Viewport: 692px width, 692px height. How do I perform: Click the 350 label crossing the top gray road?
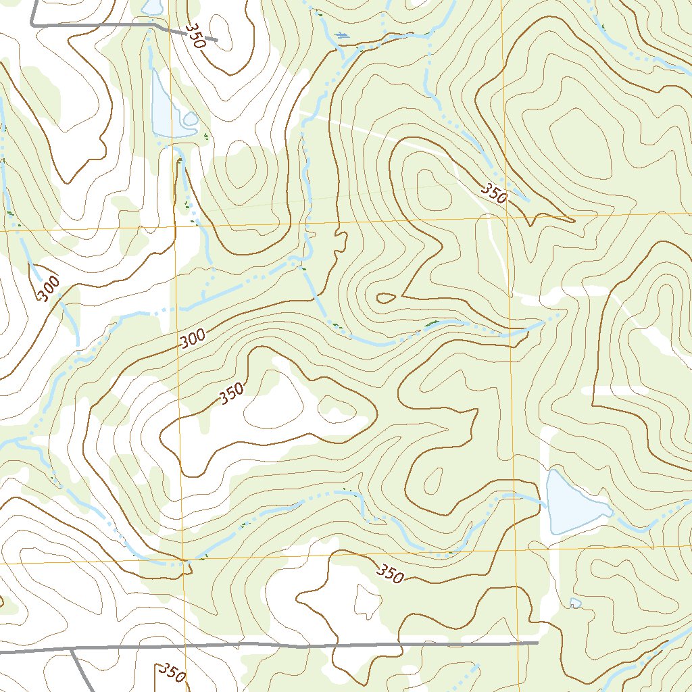click(x=194, y=38)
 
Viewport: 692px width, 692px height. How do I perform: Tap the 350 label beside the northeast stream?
click(x=494, y=193)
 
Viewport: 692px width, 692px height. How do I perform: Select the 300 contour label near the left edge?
click(x=48, y=289)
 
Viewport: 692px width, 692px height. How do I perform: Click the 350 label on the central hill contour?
click(x=231, y=395)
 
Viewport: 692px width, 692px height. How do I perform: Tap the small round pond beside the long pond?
click(x=191, y=120)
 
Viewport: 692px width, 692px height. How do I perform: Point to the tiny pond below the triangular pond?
click(x=575, y=602)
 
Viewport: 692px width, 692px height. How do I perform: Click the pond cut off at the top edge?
click(x=153, y=6)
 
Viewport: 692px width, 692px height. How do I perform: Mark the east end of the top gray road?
click(x=216, y=40)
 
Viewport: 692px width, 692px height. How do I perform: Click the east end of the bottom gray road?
click(x=537, y=643)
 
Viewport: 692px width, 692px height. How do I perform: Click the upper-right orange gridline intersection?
click(x=505, y=218)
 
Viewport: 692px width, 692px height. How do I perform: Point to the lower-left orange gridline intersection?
click(x=183, y=560)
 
